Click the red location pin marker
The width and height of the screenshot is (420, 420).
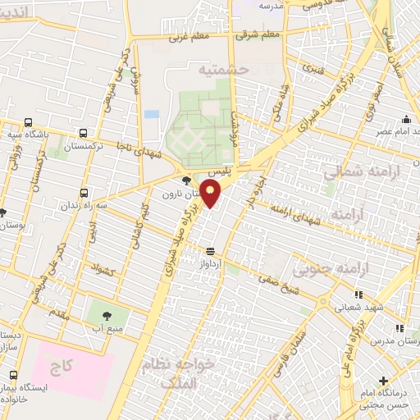211,194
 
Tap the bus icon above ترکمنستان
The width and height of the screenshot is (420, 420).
83,132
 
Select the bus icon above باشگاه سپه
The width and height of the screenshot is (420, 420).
29,121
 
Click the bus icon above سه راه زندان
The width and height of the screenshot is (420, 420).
84,194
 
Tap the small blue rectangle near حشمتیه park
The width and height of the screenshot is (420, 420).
151,114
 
